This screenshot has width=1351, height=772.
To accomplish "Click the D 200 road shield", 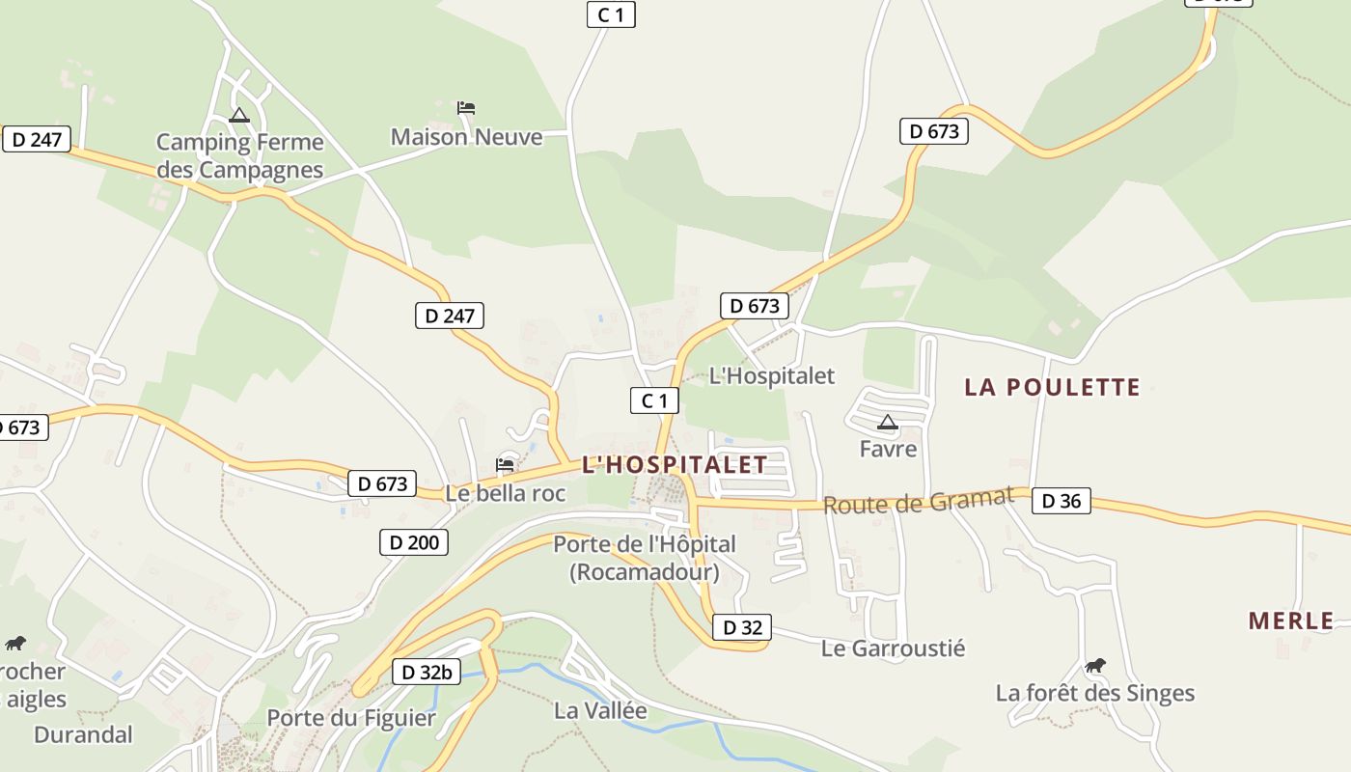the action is [414, 542].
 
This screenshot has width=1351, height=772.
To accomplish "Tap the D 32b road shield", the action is [426, 673].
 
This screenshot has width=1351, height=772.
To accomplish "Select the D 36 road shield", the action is [1061, 501].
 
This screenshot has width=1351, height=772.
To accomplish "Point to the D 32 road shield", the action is [742, 627].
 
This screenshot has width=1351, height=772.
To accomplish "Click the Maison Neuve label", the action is [466, 137].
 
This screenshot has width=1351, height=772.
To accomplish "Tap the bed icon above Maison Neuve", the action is [466, 107].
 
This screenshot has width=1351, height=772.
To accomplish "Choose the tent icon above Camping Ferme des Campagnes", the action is [238, 116].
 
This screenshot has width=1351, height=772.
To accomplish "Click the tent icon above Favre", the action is [888, 422].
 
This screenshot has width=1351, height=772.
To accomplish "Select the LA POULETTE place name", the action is [1052, 387].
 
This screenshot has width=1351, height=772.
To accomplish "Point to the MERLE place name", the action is [1291, 620].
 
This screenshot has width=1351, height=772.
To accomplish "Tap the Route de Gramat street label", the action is [918, 501].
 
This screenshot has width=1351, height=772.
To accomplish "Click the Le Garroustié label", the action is [893, 648].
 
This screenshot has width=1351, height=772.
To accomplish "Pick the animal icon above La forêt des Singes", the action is [1094, 665].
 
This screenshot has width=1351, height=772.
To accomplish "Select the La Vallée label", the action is [600, 711].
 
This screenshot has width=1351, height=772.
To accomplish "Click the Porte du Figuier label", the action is [351, 718].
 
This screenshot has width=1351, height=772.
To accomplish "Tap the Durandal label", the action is [83, 734].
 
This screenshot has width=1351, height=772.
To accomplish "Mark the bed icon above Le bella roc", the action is [505, 465].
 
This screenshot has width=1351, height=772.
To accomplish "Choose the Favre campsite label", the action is [888, 449].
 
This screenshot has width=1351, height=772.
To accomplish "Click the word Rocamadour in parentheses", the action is [645, 572].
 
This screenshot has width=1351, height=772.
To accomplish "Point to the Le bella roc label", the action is [505, 493].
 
